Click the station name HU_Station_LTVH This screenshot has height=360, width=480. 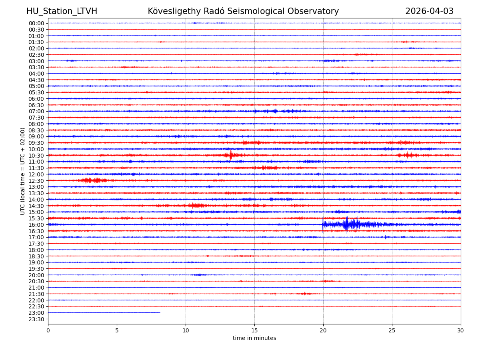coord(62,11)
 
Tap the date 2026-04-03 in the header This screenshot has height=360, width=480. coord(429,11)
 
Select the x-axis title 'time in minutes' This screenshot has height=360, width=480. coord(254,338)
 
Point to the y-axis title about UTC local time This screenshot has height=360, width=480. coord(23,171)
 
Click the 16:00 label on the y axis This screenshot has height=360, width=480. coord(36,225)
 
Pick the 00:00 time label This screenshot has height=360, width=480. coord(36,23)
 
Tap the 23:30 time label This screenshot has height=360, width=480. coord(36,319)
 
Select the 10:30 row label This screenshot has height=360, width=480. coord(36,156)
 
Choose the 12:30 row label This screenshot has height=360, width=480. coord(36,181)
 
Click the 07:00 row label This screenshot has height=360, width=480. coord(36,111)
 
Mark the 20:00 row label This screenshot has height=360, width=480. coord(36,275)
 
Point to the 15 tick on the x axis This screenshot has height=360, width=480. coord(254,330)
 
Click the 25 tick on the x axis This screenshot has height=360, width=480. coord(392,330)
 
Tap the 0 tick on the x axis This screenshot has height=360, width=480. coord(48,330)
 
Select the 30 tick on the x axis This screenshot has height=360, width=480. coord(460,330)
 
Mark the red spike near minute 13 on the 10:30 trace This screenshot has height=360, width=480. coord(230,155)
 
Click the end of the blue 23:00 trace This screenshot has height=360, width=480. coord(160,312)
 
